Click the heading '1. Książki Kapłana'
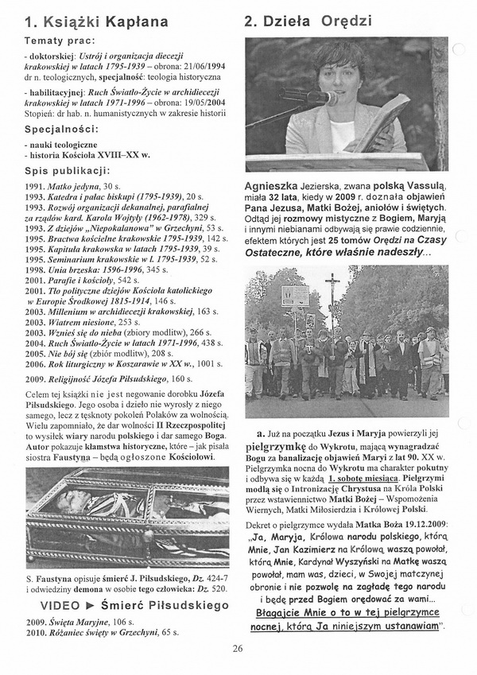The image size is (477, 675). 96,21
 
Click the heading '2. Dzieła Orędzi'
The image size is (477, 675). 308,21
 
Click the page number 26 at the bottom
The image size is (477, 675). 238,649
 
